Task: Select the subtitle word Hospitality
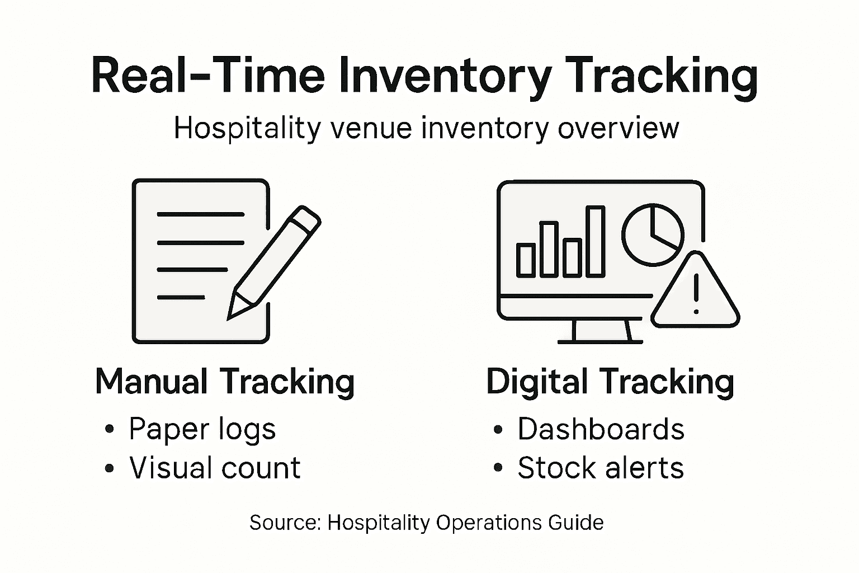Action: click(247, 129)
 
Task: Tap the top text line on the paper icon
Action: click(201, 214)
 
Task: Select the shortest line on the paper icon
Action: click(181, 297)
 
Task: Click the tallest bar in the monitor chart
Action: click(595, 241)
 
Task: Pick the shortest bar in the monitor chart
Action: click(525, 260)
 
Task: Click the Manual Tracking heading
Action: click(225, 382)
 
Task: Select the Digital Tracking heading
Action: click(610, 382)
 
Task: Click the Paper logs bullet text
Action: click(202, 430)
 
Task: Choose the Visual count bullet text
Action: click(215, 468)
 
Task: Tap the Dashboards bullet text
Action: click(601, 430)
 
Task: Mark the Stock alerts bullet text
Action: click(601, 468)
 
